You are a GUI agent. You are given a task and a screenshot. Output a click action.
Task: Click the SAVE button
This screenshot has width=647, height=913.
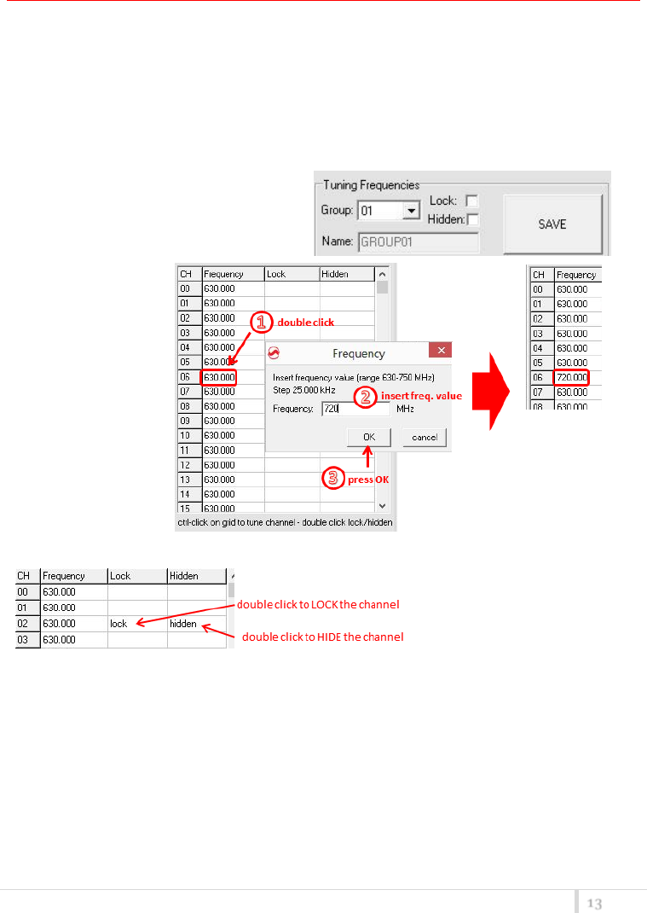pyautogui.click(x=552, y=224)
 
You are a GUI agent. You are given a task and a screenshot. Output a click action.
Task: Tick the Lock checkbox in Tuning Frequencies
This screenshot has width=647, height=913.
pyautogui.click(x=471, y=201)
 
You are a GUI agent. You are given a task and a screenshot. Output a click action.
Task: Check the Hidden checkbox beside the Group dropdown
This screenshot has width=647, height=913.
pyautogui.click(x=473, y=219)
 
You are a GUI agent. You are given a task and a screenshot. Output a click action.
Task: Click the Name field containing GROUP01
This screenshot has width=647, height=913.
pyautogui.click(x=419, y=242)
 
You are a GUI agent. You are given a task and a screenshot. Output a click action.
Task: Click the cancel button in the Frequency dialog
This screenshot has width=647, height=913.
pyautogui.click(x=425, y=437)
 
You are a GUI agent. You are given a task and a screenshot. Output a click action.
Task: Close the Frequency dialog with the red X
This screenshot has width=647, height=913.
pyautogui.click(x=439, y=352)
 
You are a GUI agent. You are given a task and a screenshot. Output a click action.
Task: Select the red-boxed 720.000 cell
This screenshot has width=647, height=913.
pyautogui.click(x=571, y=376)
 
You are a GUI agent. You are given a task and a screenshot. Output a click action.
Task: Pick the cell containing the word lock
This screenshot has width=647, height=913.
pyautogui.click(x=136, y=624)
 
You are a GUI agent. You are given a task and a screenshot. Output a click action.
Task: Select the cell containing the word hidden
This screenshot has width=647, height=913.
pyautogui.click(x=195, y=624)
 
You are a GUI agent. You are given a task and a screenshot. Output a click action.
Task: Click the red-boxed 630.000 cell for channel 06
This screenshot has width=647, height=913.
pyautogui.click(x=218, y=376)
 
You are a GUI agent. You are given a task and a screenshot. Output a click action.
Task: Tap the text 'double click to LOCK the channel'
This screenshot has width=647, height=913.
pyautogui.click(x=317, y=604)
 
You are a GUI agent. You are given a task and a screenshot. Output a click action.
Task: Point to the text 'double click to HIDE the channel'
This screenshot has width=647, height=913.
pyautogui.click(x=322, y=637)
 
